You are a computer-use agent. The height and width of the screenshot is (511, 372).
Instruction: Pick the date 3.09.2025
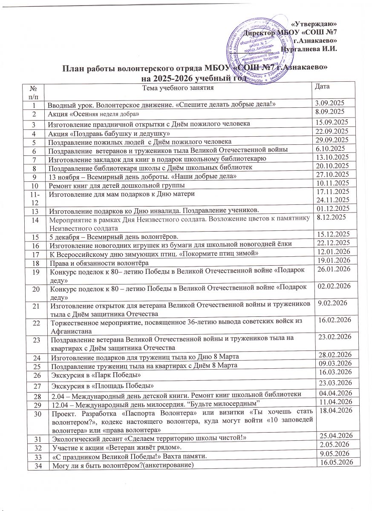[329, 103]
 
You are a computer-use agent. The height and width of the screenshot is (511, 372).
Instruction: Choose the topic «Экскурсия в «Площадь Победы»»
[102, 386]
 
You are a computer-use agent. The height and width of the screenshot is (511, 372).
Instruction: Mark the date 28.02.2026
[335, 354]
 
